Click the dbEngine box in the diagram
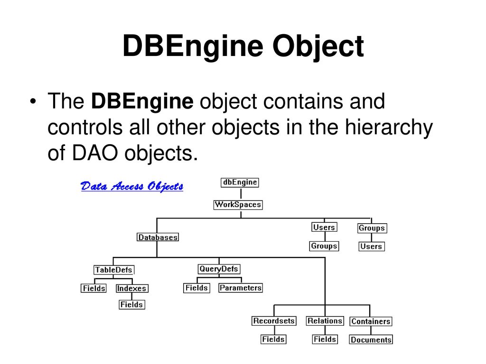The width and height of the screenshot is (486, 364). tap(240, 182)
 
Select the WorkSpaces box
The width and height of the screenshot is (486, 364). tap(238, 205)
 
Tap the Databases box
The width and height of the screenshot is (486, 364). tap(158, 237)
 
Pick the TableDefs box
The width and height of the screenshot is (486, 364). tap(114, 270)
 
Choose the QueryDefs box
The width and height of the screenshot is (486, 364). tap(219, 269)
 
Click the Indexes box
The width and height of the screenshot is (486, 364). tap(132, 289)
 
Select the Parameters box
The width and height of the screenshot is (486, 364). tap(241, 288)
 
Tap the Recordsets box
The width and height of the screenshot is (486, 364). tap(274, 321)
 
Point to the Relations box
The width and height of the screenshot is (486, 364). tap(325, 321)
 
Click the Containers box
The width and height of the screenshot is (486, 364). tap(371, 321)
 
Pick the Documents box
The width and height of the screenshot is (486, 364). tap(371, 339)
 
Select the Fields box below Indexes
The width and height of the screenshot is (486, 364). tap(132, 305)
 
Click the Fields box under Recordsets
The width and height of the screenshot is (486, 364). tap(273, 339)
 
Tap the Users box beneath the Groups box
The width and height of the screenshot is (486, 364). tap(371, 246)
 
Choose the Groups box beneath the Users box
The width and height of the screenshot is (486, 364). tap(324, 246)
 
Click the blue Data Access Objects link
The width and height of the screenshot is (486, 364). tap(132, 186)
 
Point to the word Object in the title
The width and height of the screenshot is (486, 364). tap(318, 46)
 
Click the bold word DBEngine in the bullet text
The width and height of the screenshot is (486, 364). tap(142, 102)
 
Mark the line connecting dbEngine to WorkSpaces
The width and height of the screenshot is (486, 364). tap(241, 194)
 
